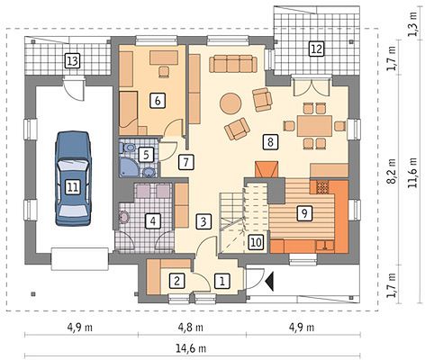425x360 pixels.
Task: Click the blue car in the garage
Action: point(73,178)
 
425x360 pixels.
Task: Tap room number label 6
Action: point(158,101)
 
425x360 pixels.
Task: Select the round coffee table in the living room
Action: point(231,103)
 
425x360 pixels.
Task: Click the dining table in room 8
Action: point(315,125)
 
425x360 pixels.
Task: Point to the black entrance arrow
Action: point(269,281)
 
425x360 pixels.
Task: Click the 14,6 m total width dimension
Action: point(191,349)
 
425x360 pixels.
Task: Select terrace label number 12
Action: point(317,49)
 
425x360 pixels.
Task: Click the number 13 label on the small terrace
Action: point(73,61)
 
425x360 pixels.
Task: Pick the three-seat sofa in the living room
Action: point(233,63)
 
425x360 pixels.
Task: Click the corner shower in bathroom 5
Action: point(128,167)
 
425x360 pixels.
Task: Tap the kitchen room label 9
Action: point(304,213)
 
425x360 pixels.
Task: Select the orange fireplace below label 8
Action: point(267,170)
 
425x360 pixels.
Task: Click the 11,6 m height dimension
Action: point(413,173)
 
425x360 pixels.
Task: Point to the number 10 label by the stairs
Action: point(256,242)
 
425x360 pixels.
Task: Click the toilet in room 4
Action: point(123,217)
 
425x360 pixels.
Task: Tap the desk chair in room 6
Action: point(164,72)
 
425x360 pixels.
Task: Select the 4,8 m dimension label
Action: point(191,328)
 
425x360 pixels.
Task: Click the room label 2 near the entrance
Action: point(176,281)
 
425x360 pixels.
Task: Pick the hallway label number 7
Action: point(185,162)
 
